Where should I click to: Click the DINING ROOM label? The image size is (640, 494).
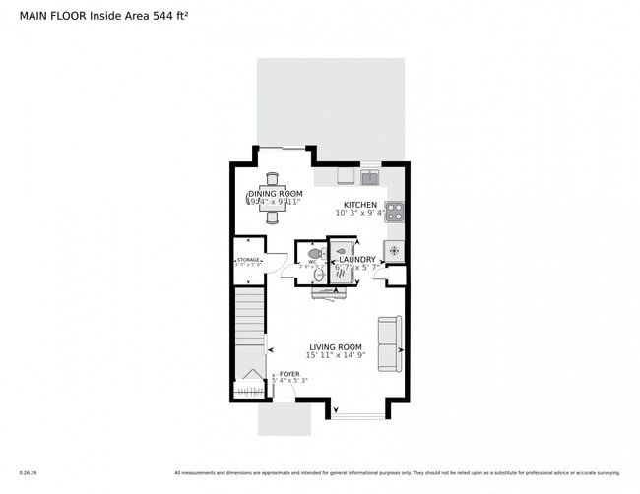click(x=275, y=194)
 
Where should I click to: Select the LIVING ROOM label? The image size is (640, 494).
click(x=336, y=346)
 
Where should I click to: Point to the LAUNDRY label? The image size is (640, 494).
click(x=356, y=259)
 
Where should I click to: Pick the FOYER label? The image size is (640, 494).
click(x=289, y=374)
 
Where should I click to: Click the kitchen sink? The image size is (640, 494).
click(x=369, y=177)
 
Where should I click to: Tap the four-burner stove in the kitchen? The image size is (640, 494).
click(x=394, y=211)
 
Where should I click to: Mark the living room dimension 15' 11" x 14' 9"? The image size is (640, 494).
click(x=336, y=356)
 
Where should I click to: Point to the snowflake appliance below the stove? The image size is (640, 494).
click(x=394, y=251)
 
